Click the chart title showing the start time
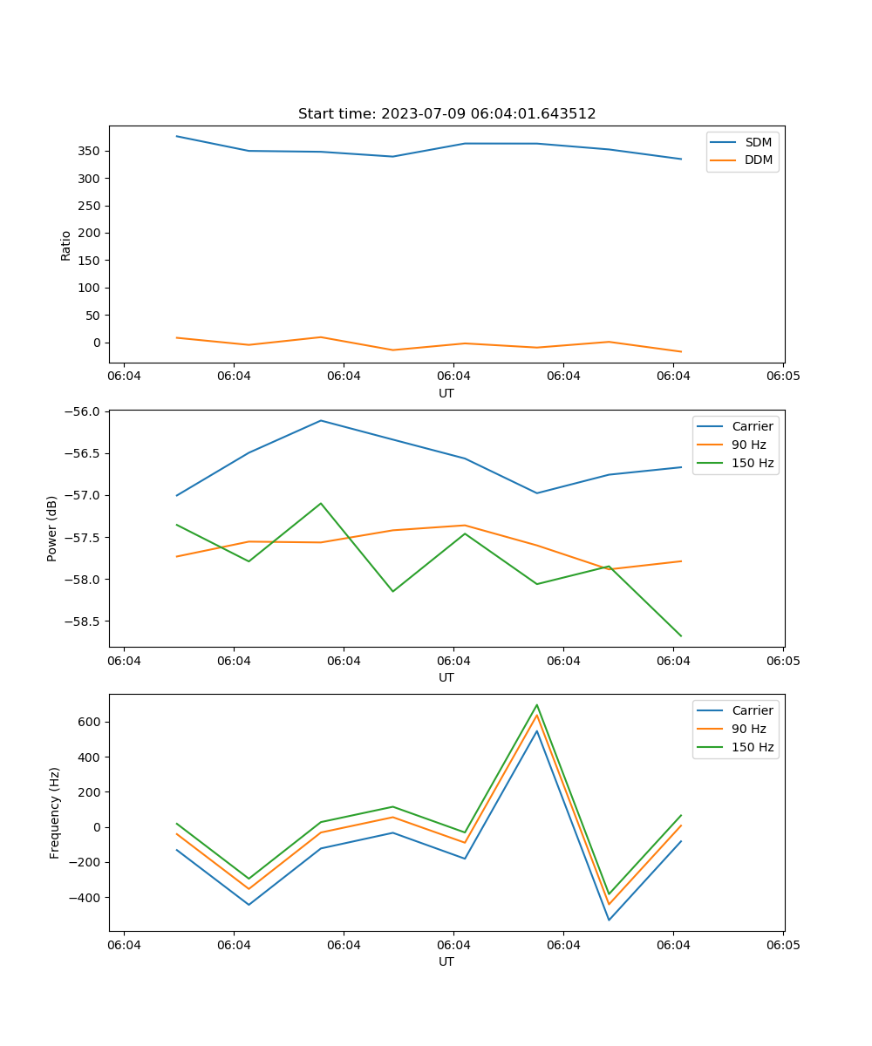click(446, 114)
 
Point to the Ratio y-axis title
click(66, 245)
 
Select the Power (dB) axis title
click(52, 528)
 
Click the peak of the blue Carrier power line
click(321, 420)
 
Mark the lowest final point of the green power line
click(681, 636)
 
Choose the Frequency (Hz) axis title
click(55, 812)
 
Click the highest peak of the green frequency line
click(537, 704)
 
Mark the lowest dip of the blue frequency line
click(609, 920)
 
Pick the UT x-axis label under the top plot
click(446, 393)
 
